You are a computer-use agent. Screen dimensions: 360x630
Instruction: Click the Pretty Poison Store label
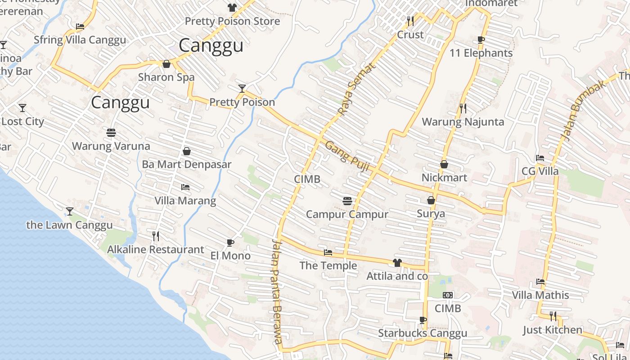pos(232,21)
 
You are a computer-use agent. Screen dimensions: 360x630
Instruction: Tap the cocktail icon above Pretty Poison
pos(242,88)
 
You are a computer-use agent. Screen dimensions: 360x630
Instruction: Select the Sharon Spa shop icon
pos(166,64)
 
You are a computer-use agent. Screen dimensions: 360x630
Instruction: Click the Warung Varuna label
pos(111,146)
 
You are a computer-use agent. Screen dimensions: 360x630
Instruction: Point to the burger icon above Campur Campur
pos(347,201)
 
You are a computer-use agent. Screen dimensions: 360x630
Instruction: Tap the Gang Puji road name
pos(347,157)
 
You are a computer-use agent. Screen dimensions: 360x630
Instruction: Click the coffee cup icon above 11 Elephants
pos(481,40)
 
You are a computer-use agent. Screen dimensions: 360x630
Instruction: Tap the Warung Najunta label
pos(463,122)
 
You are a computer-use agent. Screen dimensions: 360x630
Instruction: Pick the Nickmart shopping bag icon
pos(444,164)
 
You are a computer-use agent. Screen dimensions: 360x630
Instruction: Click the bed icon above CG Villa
pos(540,158)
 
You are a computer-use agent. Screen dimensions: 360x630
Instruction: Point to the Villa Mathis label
pos(540,296)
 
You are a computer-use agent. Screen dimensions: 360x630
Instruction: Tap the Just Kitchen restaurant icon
pos(553,316)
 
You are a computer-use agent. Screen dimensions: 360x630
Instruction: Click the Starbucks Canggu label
pos(423,333)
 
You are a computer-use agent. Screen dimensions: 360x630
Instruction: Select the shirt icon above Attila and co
pos(397,263)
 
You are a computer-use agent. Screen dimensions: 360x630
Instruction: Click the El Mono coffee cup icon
pos(230,243)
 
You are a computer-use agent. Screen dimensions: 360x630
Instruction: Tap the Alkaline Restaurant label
pos(155,249)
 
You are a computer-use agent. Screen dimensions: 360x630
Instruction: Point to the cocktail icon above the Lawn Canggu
pos(70,211)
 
